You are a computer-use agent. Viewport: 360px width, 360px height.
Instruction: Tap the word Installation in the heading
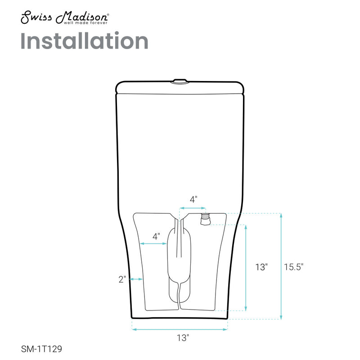85,41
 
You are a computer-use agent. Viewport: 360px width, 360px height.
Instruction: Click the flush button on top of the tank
180,81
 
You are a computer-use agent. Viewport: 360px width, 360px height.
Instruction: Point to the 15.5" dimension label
293,266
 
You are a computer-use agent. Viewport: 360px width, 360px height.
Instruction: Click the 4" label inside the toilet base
156,236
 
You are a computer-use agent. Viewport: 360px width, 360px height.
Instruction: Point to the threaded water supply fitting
205,219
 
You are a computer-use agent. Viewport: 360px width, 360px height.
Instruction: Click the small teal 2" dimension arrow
137,279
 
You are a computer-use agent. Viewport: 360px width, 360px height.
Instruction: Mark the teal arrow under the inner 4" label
154,243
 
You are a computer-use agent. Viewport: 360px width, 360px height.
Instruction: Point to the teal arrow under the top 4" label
193,208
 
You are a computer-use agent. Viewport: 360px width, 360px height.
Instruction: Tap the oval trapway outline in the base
179,265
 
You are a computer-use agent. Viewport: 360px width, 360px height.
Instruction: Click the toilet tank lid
180,87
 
